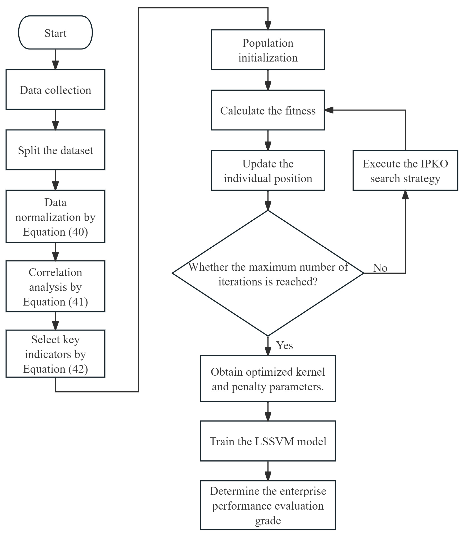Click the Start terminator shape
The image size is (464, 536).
click(55, 32)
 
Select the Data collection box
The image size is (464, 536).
click(55, 89)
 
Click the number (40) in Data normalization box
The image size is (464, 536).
click(78, 232)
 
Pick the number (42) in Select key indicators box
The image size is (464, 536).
click(78, 369)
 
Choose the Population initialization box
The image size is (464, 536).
click(268, 50)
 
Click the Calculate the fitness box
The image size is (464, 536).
click(268, 110)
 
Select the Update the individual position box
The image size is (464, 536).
click(268, 170)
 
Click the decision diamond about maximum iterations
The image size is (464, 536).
click(268, 273)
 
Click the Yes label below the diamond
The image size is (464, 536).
click(285, 345)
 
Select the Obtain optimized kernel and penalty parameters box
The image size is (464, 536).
click(268, 379)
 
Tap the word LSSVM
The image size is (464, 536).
click(275, 441)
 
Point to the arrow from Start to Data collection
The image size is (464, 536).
click(55, 59)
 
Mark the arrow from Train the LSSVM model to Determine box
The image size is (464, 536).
click(268, 471)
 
